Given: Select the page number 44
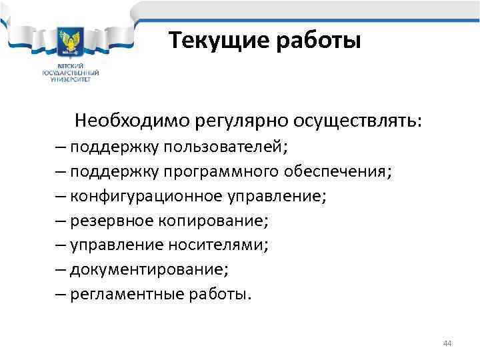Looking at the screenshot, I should tap(447, 343).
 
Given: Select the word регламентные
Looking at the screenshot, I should tap(119, 294).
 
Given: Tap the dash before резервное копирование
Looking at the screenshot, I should tap(61, 221).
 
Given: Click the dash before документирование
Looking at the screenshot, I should tap(61, 269).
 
